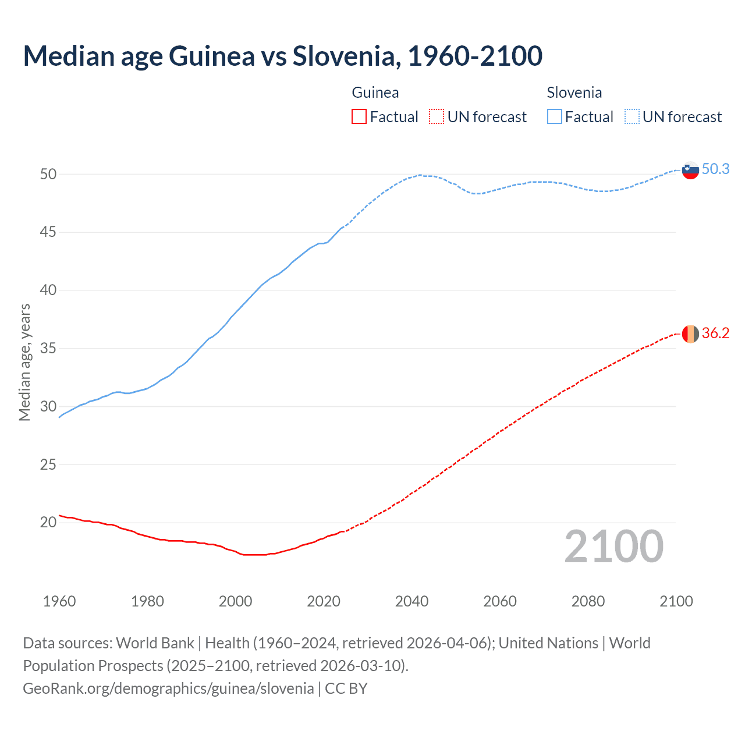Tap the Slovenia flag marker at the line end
pyautogui.click(x=690, y=170)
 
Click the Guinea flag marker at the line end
pyautogui.click(x=690, y=334)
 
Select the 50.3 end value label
pyautogui.click(x=715, y=169)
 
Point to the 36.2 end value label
pyautogui.click(x=715, y=333)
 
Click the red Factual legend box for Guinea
pyautogui.click(x=359, y=117)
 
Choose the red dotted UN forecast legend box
pyautogui.click(x=437, y=117)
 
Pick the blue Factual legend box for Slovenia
pyautogui.click(x=554, y=117)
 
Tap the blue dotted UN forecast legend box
pyautogui.click(x=632, y=117)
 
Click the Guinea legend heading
pyautogui.click(x=375, y=93)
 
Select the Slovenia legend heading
pyautogui.click(x=574, y=93)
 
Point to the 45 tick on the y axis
pyautogui.click(x=48, y=232)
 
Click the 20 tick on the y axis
pyautogui.click(x=48, y=522)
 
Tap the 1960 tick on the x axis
pyautogui.click(x=59, y=601)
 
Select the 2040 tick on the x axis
pyautogui.click(x=411, y=601)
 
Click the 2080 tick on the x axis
pyautogui.click(x=588, y=601)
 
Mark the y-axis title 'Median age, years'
pyautogui.click(x=24, y=362)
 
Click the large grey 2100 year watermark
pyautogui.click(x=614, y=547)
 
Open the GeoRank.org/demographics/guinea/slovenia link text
pyautogui.click(x=168, y=689)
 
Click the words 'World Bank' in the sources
pyautogui.click(x=155, y=643)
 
